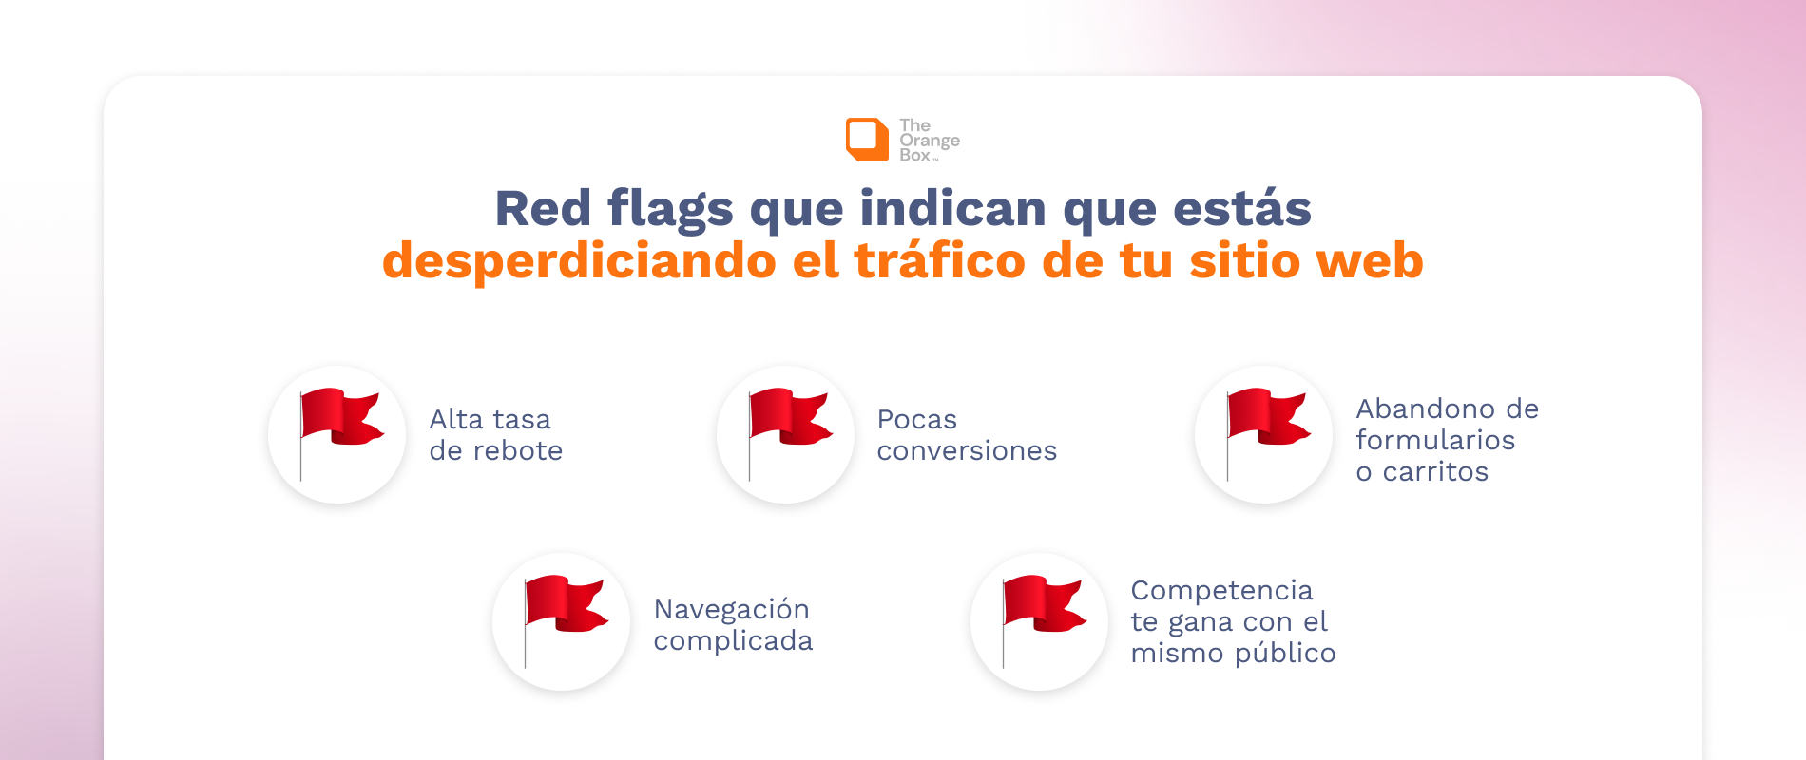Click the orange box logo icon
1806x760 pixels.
(867, 140)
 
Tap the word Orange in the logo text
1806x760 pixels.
(930, 141)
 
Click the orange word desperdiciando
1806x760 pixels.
(579, 261)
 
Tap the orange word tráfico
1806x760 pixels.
(940, 260)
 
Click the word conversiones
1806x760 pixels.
(967, 450)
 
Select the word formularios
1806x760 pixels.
(1435, 440)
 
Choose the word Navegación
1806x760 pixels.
(732, 610)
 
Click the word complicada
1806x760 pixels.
(734, 641)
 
